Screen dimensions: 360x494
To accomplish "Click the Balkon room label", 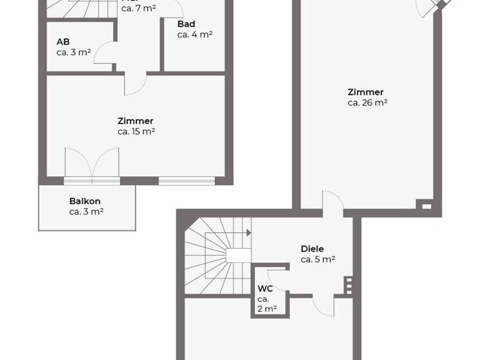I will tap(85, 201).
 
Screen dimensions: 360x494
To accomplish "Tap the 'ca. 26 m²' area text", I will tap(367, 102).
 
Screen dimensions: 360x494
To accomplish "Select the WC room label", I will tap(265, 289).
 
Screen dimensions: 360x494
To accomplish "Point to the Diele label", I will tap(312, 249).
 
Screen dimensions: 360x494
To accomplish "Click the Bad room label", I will tap(187, 24).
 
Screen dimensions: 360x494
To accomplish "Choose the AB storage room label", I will tap(63, 42).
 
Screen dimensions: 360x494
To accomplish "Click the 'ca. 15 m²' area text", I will tap(136, 131).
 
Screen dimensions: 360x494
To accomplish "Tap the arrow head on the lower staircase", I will tap(248, 233).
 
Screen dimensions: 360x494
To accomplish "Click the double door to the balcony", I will tap(92, 163).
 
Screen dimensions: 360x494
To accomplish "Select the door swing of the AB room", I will tap(105, 56).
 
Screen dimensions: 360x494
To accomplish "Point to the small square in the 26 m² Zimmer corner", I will tap(426, 206).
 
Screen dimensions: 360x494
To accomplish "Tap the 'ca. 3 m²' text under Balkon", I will tap(86, 212).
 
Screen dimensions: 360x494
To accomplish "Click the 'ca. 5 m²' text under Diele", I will tap(317, 260).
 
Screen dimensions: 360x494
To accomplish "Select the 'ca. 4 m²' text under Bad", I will tap(195, 35).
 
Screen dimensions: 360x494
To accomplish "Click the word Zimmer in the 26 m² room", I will tap(365, 92).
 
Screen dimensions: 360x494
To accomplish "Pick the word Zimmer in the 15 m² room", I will tap(136, 121).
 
